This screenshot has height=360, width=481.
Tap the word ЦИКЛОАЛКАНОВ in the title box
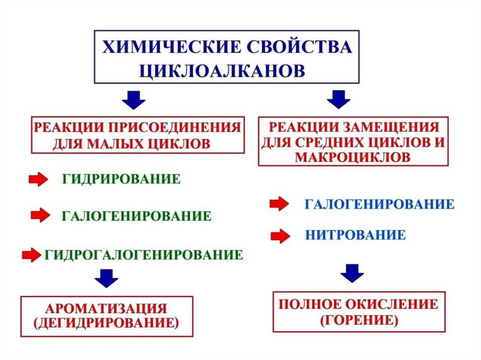point(222,70)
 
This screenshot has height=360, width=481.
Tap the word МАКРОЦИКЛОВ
point(352,156)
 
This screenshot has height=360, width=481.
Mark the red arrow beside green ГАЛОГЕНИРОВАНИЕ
point(39,215)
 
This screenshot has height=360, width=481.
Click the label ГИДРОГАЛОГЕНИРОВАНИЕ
point(144,255)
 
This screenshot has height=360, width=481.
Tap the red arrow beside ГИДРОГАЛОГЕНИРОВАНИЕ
point(32,255)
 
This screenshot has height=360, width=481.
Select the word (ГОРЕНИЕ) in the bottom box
point(359,321)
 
